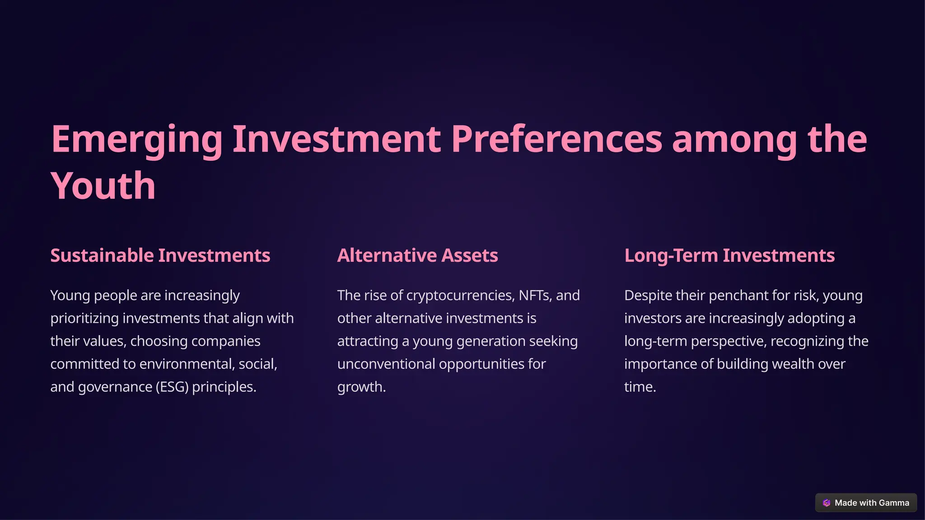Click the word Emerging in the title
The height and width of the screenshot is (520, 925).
[136, 139]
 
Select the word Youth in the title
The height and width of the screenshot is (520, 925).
[103, 186]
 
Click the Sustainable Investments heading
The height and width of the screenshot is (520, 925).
[160, 255]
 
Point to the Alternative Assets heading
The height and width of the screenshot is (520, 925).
[417, 255]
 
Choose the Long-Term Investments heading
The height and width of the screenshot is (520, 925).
[729, 255]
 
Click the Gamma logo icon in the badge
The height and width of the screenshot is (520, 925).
[827, 503]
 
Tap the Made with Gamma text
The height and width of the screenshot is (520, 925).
[872, 503]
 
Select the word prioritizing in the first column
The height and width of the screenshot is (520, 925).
[84, 318]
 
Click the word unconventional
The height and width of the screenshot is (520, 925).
[386, 364]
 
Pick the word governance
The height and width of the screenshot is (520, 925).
[115, 387]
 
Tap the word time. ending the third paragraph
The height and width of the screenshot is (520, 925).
[640, 387]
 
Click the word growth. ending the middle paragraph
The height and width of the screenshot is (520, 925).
[361, 387]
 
